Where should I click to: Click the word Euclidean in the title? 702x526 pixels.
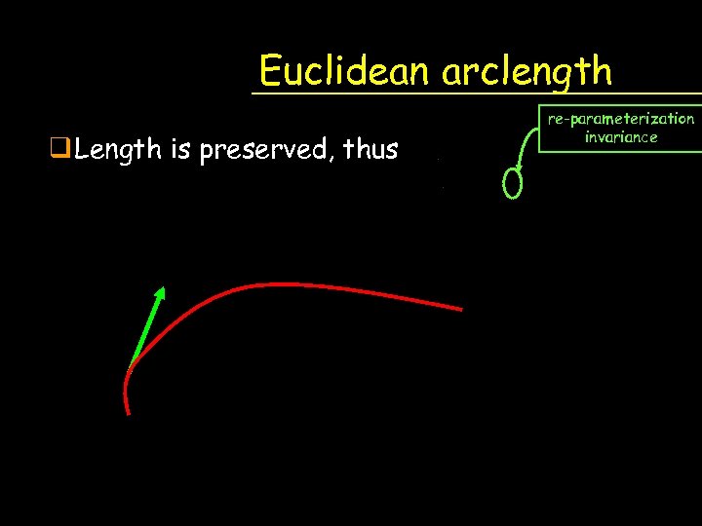pyautogui.click(x=346, y=71)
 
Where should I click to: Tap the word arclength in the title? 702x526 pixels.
pyautogui.click(x=526, y=71)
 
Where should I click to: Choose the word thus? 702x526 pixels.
pyautogui.click(x=369, y=150)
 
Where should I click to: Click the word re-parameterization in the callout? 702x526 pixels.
pyautogui.click(x=621, y=119)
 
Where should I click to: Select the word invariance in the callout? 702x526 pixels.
pyautogui.click(x=621, y=137)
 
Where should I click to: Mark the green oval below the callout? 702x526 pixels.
pyautogui.click(x=513, y=184)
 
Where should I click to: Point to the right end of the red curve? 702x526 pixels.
pyautogui.click(x=460, y=309)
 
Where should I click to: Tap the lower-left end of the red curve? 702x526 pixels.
pyautogui.click(x=128, y=411)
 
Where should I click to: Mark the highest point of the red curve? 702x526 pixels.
pyautogui.click(x=273, y=284)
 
